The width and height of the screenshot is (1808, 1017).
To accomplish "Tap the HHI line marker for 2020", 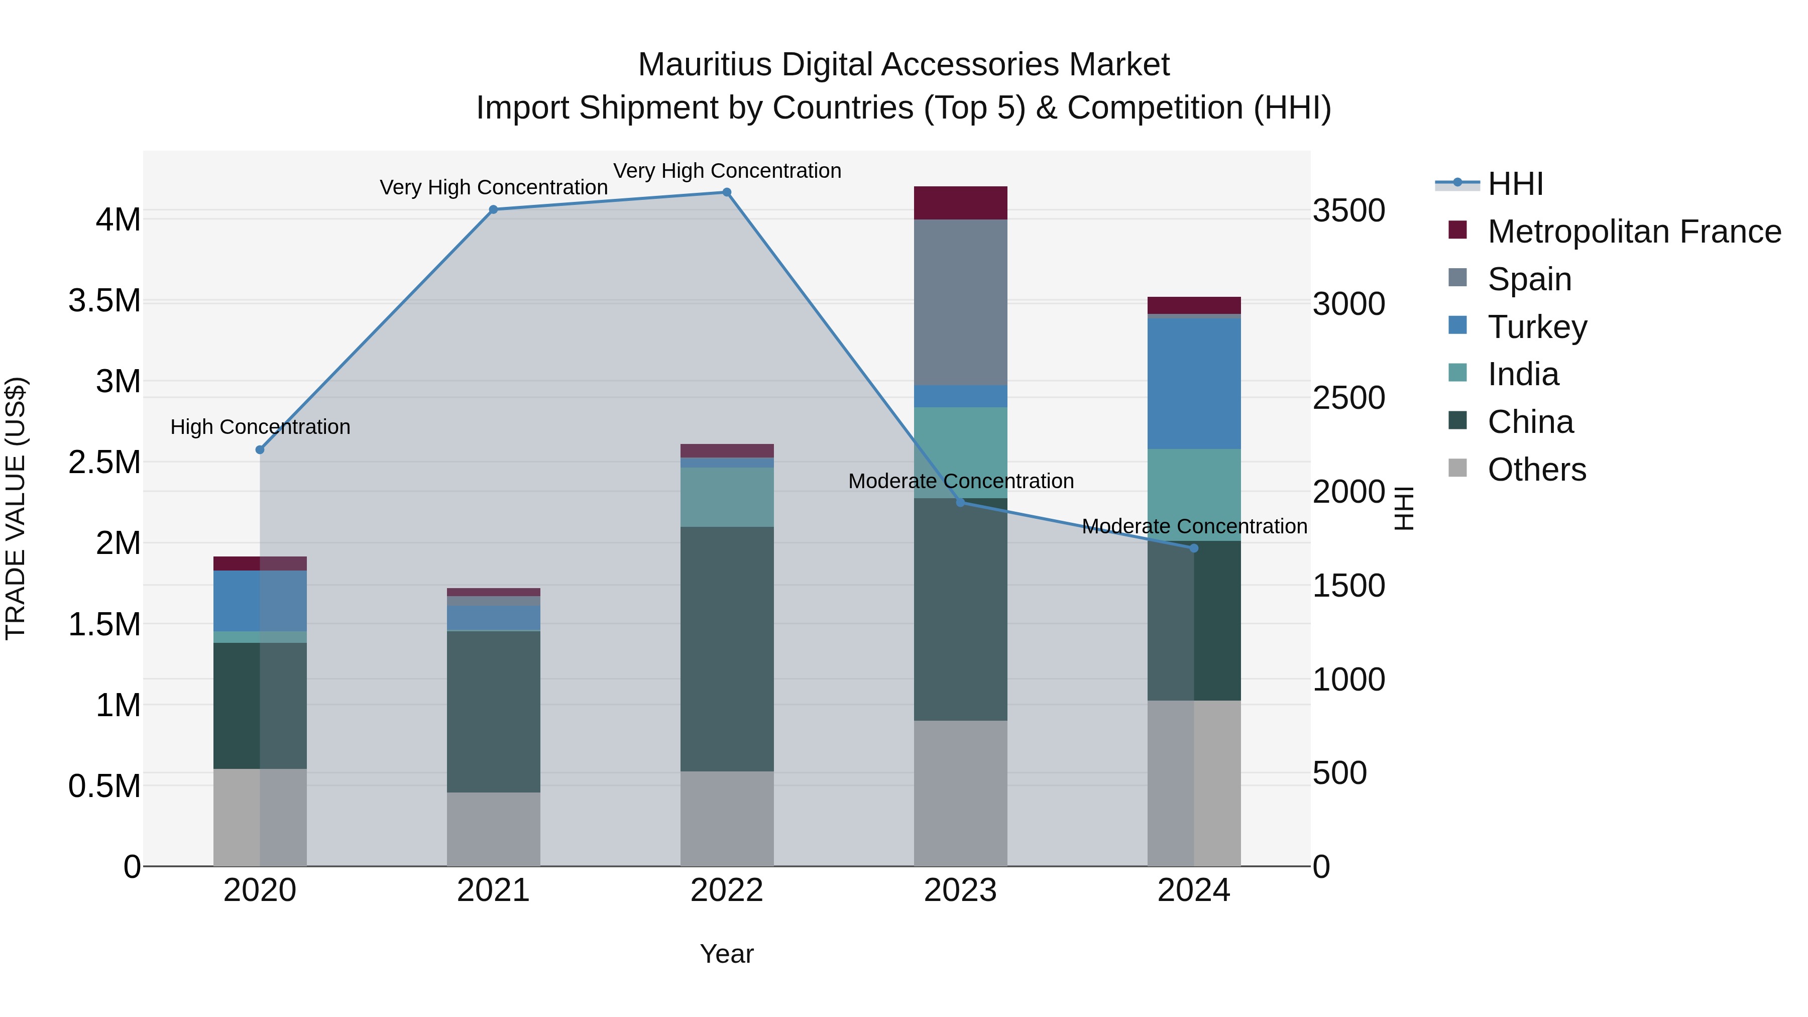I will point(260,450).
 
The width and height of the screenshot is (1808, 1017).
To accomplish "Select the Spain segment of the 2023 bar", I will point(960,302).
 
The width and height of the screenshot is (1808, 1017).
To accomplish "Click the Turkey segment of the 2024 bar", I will point(1193,383).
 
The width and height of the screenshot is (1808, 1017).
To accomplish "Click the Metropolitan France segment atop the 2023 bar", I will point(960,203).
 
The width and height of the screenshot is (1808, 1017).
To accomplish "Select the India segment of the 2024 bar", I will point(1193,494).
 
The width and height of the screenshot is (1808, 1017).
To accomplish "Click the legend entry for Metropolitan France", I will point(1634,232).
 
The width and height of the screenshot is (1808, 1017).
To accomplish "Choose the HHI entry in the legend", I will point(1515,184).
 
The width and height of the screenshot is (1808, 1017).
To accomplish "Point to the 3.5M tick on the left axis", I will point(104,300).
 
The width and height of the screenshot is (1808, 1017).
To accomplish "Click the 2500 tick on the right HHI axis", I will point(1348,398).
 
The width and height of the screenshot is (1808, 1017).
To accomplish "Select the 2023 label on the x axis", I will point(960,890).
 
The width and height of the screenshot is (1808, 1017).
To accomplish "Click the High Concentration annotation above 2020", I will point(260,427).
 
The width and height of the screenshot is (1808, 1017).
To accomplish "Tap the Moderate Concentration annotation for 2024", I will point(1193,526).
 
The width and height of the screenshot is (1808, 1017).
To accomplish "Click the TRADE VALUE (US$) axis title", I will point(16,508).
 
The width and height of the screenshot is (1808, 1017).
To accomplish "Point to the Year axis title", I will point(726,954).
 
